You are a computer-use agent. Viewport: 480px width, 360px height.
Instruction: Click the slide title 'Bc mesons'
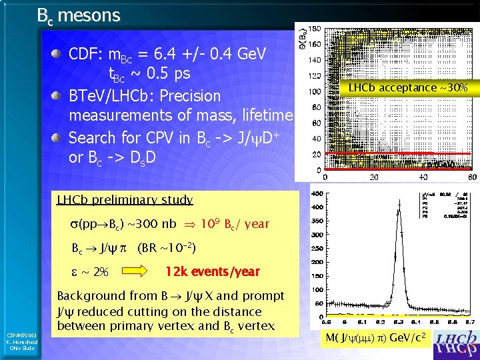pyautogui.click(x=79, y=15)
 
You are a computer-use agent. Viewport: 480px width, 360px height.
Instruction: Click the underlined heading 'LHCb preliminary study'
pyautogui.click(x=125, y=199)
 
